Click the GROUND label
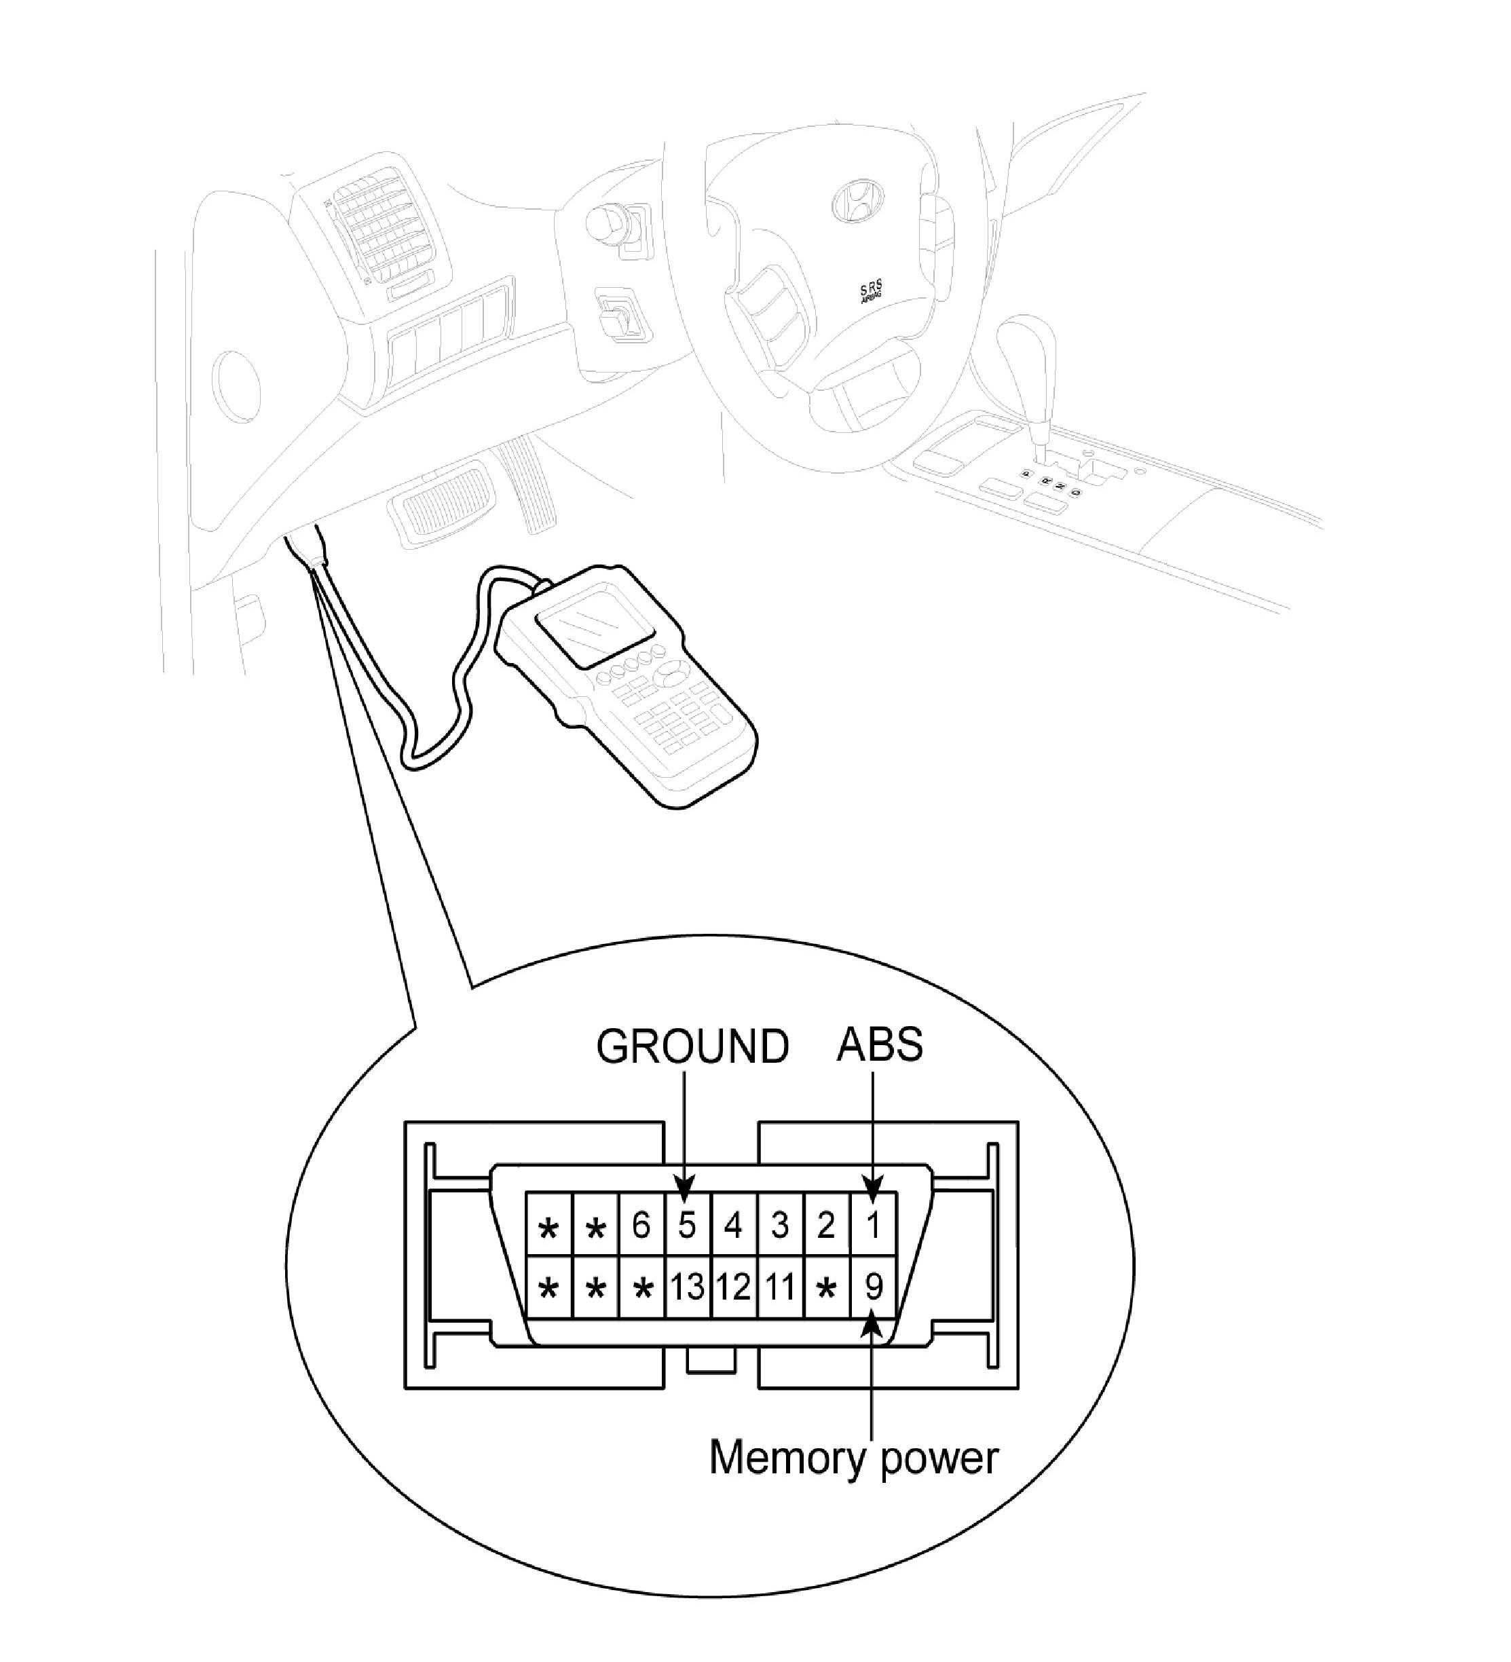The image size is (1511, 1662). click(692, 1047)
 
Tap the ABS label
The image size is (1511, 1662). click(879, 1045)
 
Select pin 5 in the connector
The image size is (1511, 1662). click(687, 1225)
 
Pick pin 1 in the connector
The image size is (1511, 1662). click(873, 1225)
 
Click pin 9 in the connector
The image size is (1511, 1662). click(873, 1286)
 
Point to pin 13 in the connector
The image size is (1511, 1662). click(687, 1286)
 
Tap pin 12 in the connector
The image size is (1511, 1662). click(733, 1286)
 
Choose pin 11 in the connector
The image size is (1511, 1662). click(779, 1286)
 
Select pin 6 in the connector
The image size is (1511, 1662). click(641, 1225)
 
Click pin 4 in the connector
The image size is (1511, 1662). click(733, 1225)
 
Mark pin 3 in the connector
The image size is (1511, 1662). click(779, 1225)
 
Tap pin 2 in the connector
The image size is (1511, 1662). click(825, 1225)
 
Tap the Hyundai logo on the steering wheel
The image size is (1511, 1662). click(858, 200)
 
